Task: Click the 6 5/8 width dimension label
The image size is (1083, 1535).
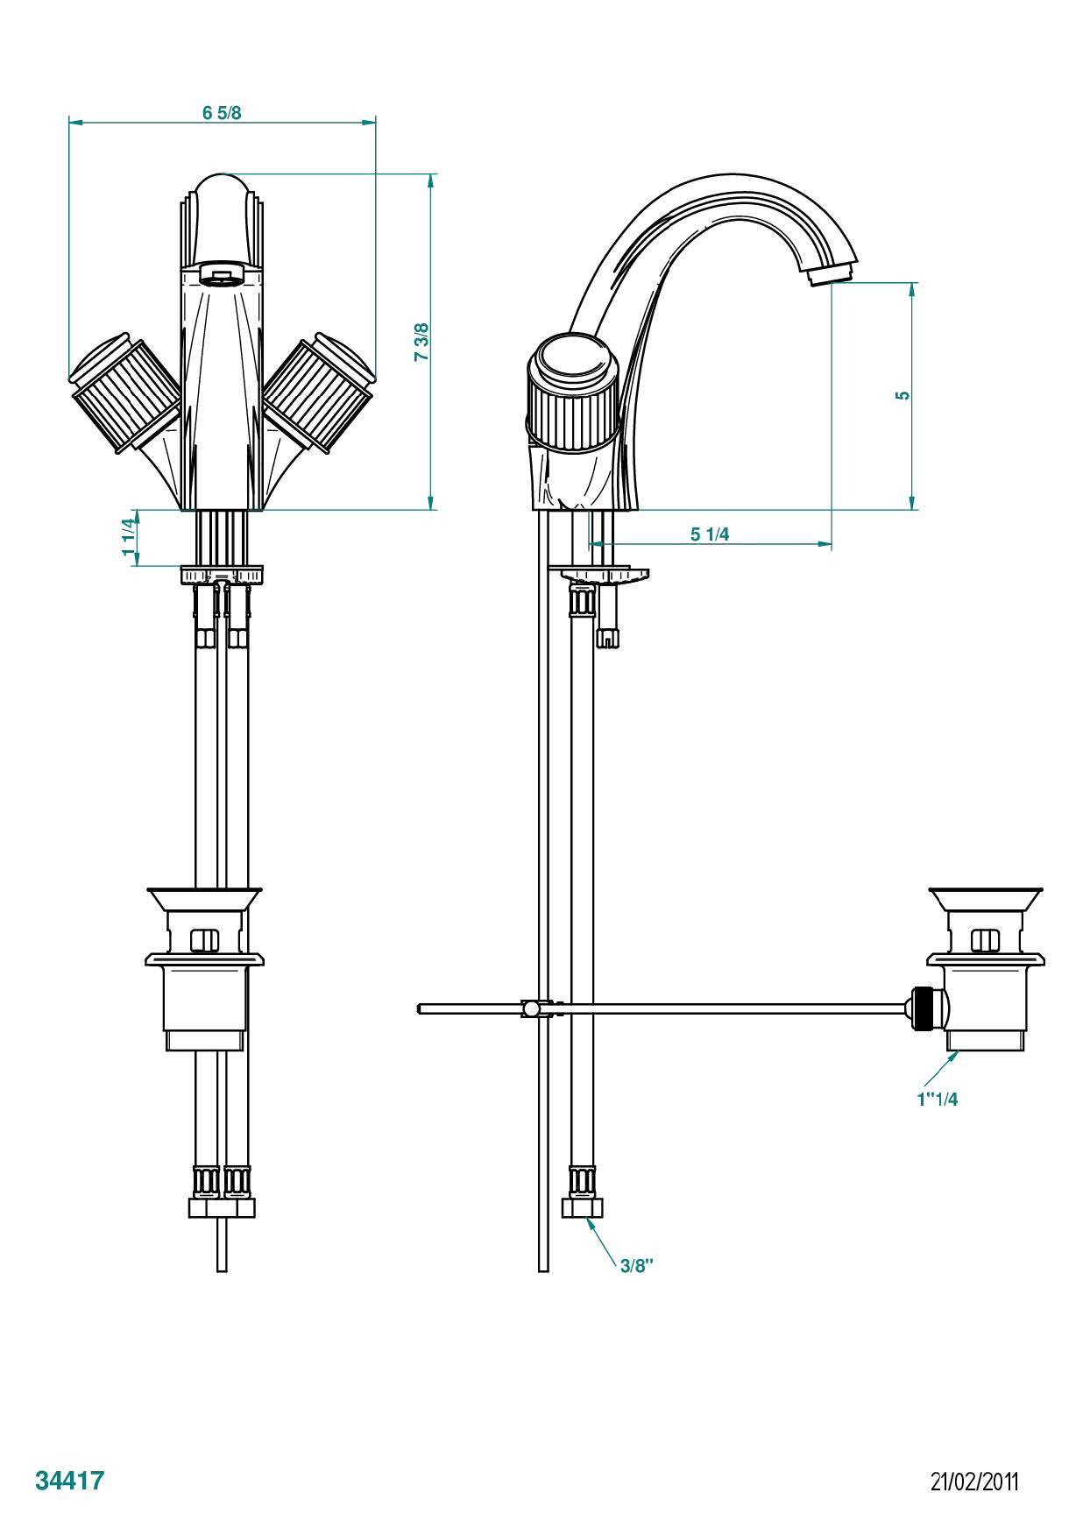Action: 222,113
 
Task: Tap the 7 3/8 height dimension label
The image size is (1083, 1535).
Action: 421,343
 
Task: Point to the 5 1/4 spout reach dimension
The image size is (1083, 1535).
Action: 710,534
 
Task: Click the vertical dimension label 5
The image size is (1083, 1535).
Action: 902,395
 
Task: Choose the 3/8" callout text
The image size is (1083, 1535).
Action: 637,1265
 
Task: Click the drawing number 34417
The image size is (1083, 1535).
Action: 70,1481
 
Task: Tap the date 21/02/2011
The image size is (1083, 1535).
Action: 974,1482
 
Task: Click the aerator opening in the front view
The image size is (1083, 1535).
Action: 220,274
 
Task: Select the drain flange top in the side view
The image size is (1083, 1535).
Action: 986,897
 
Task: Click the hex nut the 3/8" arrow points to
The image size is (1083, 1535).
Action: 582,1208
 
